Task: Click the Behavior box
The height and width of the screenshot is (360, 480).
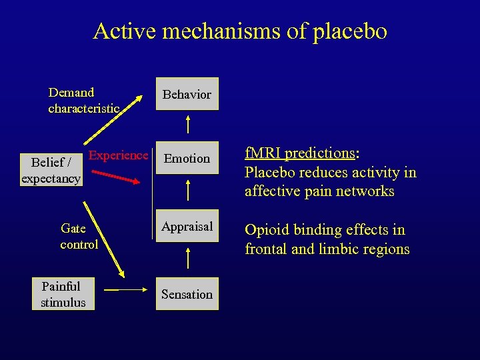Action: tap(187, 95)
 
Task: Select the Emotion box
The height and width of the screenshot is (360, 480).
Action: tap(187, 159)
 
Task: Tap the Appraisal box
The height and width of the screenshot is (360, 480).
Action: tap(187, 227)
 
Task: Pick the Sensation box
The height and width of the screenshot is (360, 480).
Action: tap(187, 294)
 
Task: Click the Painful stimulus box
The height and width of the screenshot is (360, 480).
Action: tap(63, 294)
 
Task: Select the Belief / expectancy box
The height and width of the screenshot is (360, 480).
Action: tap(51, 170)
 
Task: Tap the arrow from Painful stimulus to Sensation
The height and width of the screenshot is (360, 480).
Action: tap(130, 291)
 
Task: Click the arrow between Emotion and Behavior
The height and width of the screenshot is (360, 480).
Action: tap(188, 125)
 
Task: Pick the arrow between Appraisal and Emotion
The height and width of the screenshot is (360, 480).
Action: tap(188, 191)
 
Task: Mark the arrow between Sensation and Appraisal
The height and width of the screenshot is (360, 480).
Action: tap(188, 259)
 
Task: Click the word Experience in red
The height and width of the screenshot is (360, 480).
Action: tap(119, 155)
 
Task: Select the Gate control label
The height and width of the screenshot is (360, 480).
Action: tap(79, 237)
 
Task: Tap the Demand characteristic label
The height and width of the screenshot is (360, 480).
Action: tap(84, 100)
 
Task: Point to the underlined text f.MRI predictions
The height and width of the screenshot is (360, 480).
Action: tap(300, 153)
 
